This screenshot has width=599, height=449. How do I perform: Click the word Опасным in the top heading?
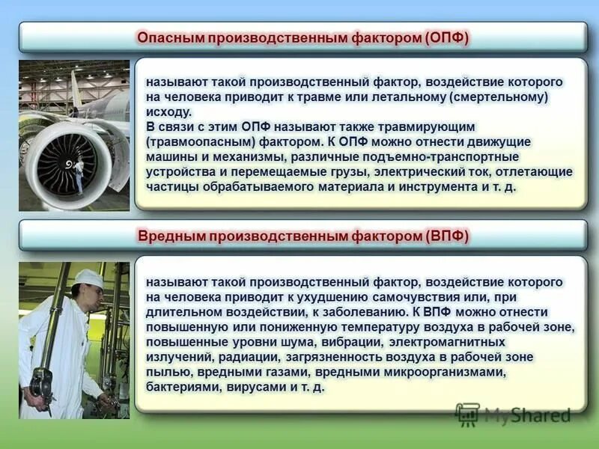click(x=173, y=37)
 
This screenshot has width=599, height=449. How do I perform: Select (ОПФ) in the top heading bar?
click(x=446, y=37)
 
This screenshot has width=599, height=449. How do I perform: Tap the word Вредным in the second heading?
click(x=171, y=236)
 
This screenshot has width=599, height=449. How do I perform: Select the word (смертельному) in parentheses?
click(x=501, y=97)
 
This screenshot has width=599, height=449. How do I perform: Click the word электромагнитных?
click(x=422, y=342)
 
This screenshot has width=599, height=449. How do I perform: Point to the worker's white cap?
click(x=89, y=278)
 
